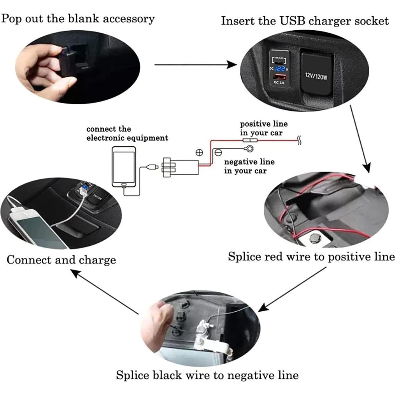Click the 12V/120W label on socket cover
[316, 76]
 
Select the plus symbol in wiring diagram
[199, 152]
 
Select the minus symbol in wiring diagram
[218, 152]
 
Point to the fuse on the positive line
[250, 141]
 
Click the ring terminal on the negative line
[248, 149]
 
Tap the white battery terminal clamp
[210, 334]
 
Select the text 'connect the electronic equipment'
[127, 133]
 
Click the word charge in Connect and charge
[97, 260]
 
